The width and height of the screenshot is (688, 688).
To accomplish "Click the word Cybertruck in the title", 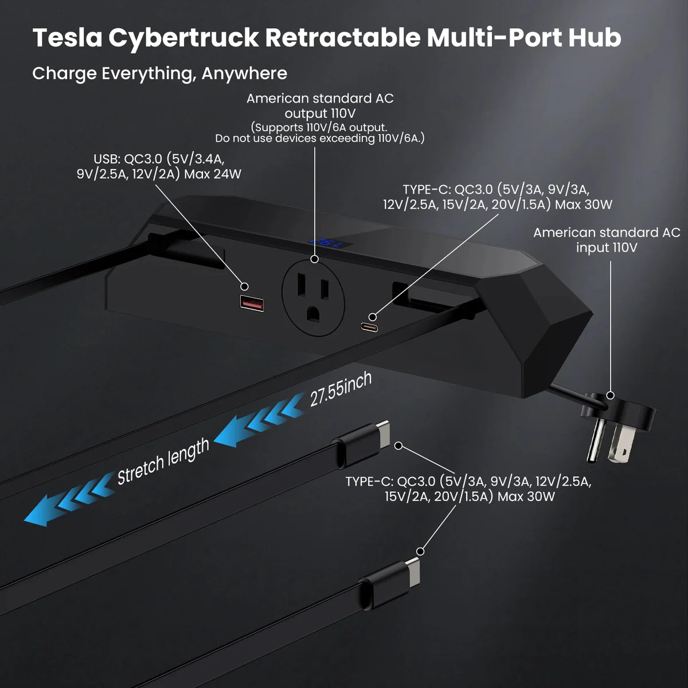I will click(x=183, y=37).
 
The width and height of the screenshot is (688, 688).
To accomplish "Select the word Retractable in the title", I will click(x=342, y=37).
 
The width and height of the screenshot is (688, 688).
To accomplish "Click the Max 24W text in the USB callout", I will click(x=213, y=174).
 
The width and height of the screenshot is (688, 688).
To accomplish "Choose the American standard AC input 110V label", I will click(x=606, y=240).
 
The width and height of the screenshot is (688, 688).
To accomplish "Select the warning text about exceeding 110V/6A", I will click(x=319, y=139).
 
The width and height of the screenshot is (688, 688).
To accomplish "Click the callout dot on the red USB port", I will click(x=244, y=286).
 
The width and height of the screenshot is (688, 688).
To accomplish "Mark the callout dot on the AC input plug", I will click(x=611, y=395).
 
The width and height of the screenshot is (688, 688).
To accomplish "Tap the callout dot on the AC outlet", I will click(x=314, y=259).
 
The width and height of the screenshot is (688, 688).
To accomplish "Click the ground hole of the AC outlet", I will click(x=313, y=313).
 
